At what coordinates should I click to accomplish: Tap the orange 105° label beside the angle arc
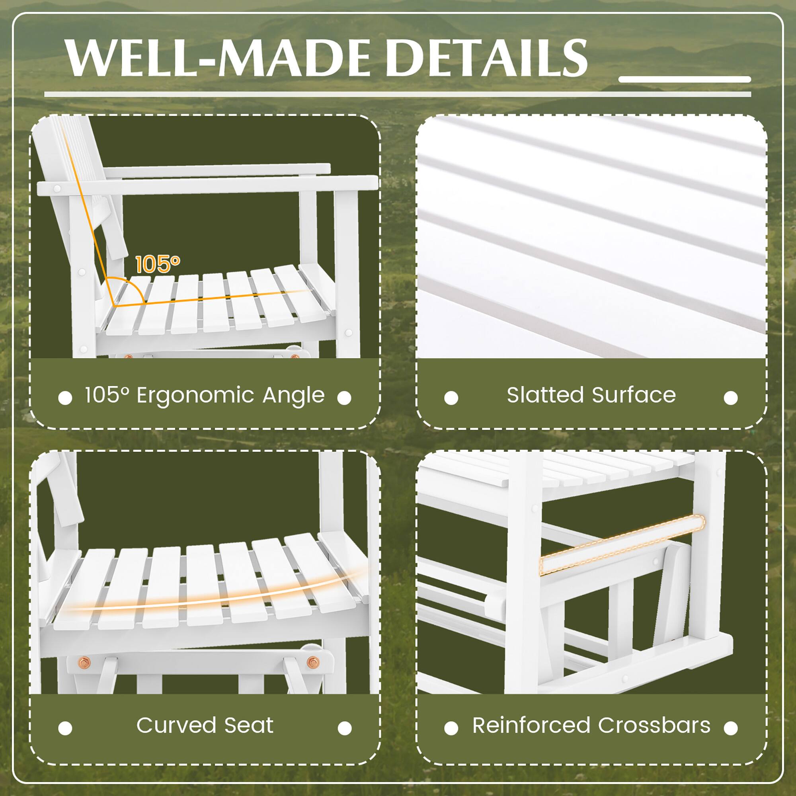click(157, 264)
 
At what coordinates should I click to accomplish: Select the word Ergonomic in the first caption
click(195, 396)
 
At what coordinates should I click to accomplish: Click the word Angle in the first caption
click(293, 395)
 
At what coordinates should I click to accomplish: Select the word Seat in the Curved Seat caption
click(249, 725)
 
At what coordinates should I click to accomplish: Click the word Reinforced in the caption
click(531, 725)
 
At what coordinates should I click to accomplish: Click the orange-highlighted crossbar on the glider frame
click(622, 545)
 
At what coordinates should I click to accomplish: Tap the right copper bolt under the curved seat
click(312, 662)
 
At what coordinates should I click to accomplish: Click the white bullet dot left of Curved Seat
click(65, 728)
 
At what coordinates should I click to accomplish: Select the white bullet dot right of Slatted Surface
click(730, 398)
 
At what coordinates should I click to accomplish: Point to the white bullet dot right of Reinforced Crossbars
click(730, 728)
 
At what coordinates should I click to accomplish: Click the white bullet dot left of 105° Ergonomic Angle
click(65, 398)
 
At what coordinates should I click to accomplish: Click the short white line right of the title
click(684, 79)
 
